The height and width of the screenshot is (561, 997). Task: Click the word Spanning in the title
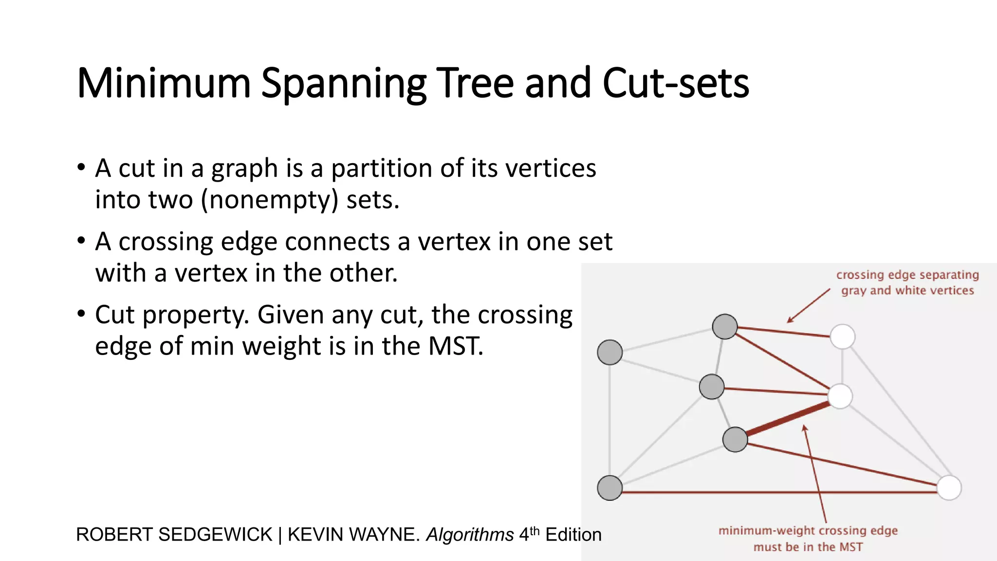point(343,84)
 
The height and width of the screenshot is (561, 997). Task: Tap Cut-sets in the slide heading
point(676,84)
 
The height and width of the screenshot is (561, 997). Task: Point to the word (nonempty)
point(270,200)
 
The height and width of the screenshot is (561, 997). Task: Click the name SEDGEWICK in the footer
point(215,535)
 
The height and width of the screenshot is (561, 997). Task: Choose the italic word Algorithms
point(470,535)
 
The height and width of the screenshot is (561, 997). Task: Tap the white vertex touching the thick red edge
point(840,396)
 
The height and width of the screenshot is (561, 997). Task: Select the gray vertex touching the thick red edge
point(735,439)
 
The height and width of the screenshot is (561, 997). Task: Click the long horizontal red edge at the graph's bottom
point(779,492)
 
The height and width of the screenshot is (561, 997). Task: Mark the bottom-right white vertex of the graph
point(949,487)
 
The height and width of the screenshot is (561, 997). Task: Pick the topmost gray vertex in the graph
point(725,326)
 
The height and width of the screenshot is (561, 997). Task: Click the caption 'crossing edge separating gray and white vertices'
point(907,282)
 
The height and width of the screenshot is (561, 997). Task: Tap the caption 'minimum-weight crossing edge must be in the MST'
point(808,539)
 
